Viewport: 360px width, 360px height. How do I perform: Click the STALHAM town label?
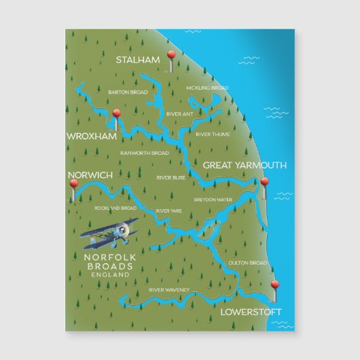coord(138,60)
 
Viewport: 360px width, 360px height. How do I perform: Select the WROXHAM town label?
coord(92,137)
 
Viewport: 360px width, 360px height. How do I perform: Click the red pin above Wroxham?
coord(117,114)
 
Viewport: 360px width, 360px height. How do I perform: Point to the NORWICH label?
coord(90,175)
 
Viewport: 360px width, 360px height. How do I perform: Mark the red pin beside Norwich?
coord(74,183)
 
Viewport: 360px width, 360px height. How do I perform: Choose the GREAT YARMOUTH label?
coord(245,165)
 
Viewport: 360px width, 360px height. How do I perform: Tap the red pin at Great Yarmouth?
coord(265,183)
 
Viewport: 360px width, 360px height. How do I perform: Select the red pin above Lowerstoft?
coord(274,285)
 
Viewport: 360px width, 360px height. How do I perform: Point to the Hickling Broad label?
coord(206,89)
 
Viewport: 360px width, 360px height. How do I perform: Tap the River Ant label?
coord(180,114)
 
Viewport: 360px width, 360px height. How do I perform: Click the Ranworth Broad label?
coord(144,153)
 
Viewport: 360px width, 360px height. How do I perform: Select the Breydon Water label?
coord(213,200)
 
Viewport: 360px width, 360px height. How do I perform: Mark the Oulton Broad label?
coord(248,263)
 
